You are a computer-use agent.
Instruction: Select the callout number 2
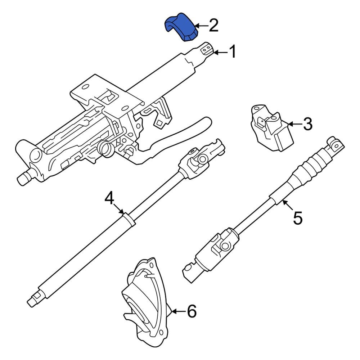point(213,26)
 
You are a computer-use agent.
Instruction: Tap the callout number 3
point(308,124)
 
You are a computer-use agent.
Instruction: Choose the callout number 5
point(298,218)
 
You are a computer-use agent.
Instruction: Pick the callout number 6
point(192,311)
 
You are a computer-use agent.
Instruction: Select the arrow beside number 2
point(201,26)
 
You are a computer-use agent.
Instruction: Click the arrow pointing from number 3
point(295,124)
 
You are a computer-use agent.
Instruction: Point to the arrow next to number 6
point(179,311)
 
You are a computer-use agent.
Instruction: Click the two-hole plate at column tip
point(206,49)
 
